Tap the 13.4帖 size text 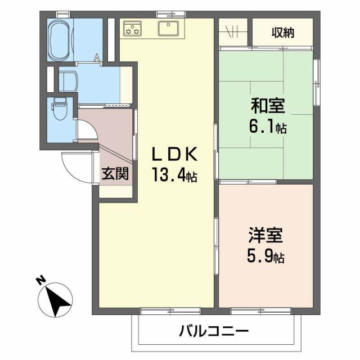pos(173,176)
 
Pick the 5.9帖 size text pos(265,257)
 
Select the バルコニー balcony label pos(214,331)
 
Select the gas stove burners pos(133,28)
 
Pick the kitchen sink pos(168,28)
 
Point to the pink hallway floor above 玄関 pos(107,127)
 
